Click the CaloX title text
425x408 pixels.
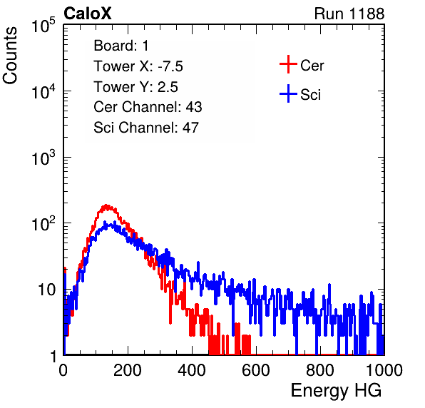(x=88, y=14)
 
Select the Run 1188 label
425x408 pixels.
(x=349, y=14)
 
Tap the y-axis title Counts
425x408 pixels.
(x=10, y=56)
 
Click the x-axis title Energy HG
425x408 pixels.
(x=337, y=391)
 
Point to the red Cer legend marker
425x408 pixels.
(x=288, y=64)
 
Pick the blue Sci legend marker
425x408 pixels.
(x=288, y=93)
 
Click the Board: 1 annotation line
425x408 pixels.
(x=121, y=46)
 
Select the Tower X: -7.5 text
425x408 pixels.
(x=138, y=66)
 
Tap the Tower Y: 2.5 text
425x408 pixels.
(x=135, y=87)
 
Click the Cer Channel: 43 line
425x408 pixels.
(x=148, y=107)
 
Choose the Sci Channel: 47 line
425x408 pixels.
(x=146, y=128)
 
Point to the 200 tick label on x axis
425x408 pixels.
(x=128, y=370)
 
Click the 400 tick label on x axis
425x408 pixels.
(x=192, y=370)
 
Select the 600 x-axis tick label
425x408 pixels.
(x=256, y=370)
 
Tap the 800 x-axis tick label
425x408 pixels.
(x=320, y=370)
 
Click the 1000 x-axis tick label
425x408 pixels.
(x=384, y=370)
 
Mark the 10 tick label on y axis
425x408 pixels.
(x=47, y=290)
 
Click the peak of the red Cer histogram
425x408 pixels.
(x=106, y=205)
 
